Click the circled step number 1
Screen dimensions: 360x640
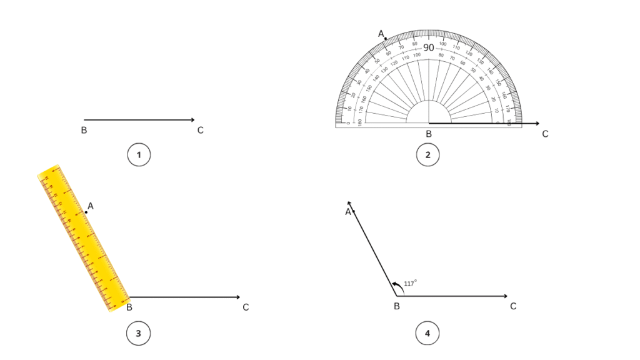tap(139, 154)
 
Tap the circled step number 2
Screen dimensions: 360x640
tap(428, 154)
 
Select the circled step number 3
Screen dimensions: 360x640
tap(138, 334)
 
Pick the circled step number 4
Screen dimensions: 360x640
tap(427, 334)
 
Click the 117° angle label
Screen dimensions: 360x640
tap(411, 283)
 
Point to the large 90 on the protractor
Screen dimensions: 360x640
tap(429, 47)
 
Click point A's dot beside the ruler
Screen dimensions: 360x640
tap(86, 212)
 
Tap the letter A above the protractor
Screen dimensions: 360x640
tap(381, 33)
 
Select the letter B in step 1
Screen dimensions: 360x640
tap(84, 131)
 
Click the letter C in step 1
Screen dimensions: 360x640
tap(200, 131)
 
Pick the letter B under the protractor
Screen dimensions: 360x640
tap(429, 134)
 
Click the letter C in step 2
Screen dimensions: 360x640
tap(545, 134)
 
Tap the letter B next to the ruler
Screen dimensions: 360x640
tap(129, 307)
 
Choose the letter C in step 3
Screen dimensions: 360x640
tap(246, 307)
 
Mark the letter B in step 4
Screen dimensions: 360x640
tap(397, 306)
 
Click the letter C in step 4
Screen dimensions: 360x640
tap(513, 306)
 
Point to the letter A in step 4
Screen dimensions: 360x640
tap(348, 212)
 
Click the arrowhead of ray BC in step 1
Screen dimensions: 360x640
tap(192, 120)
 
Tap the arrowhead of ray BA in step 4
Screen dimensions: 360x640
tap(349, 203)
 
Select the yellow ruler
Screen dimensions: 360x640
tap(83, 238)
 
